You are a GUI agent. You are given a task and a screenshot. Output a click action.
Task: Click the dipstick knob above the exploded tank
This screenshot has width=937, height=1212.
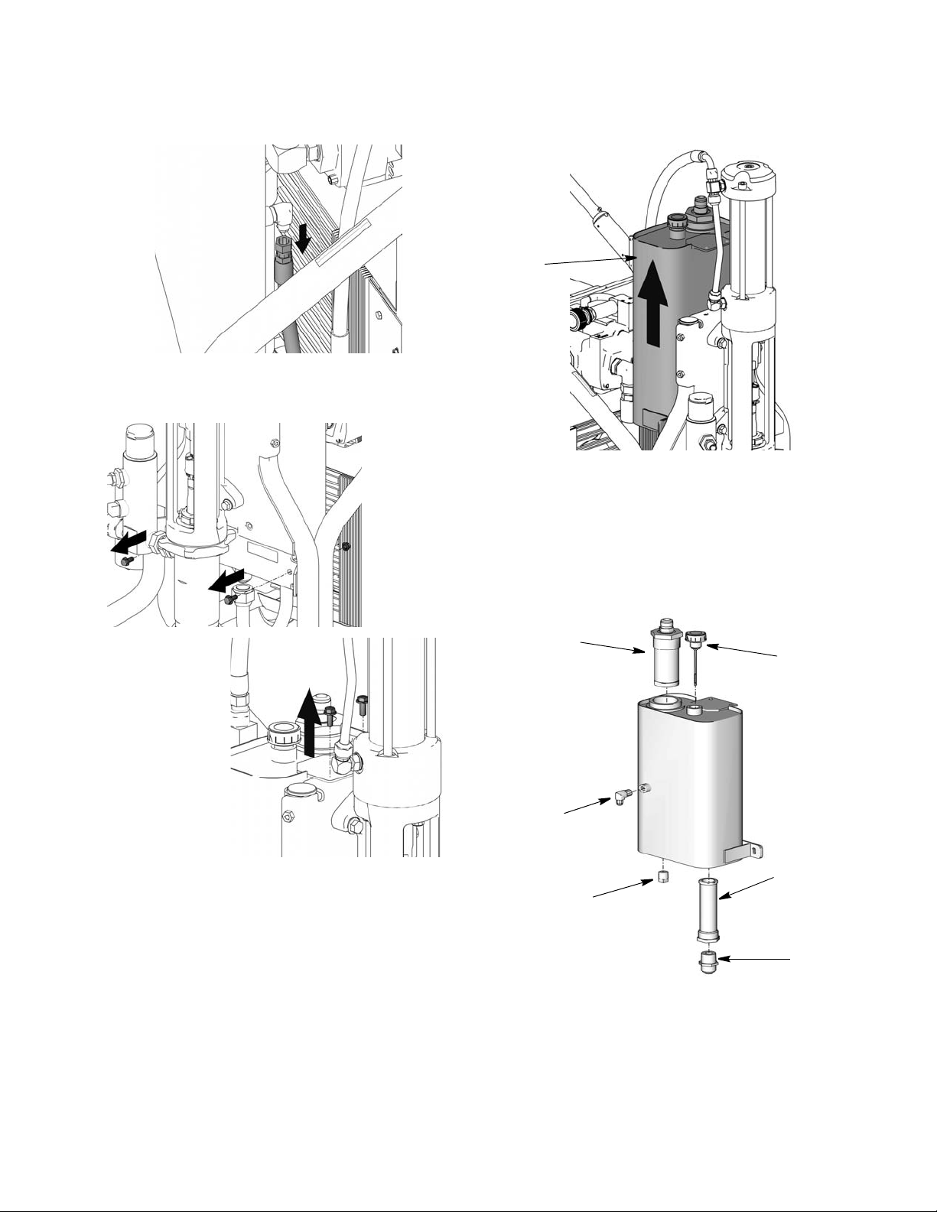click(x=695, y=638)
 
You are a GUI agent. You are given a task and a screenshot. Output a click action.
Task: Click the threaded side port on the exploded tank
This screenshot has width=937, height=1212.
click(x=648, y=788)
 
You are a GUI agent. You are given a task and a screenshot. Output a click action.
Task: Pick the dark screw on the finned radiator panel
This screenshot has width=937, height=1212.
click(x=346, y=546)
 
